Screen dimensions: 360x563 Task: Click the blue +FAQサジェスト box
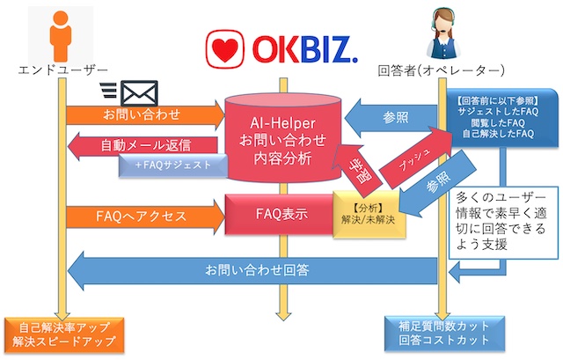[172, 165]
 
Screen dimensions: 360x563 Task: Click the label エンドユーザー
[60, 70]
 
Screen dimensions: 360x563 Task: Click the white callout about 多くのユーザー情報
[498, 220]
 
